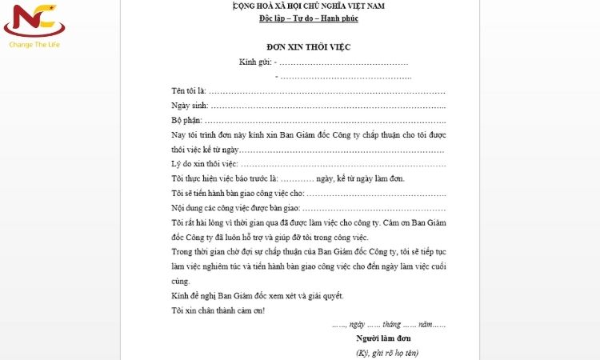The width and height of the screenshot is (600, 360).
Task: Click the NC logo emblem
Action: coord(34,22)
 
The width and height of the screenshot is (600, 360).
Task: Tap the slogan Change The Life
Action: coord(34,45)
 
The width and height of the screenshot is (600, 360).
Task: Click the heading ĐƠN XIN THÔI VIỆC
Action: coord(308,46)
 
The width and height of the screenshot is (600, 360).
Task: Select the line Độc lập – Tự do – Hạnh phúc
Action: coord(308,18)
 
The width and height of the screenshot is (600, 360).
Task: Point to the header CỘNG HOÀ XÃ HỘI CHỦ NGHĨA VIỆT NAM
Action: coord(308,6)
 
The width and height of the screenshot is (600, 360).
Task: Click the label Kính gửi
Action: coord(254,62)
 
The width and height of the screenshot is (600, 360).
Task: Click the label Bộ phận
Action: coord(188,120)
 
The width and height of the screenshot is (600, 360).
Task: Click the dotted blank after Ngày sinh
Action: coord(328,105)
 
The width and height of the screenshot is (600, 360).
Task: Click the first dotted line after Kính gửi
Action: coord(344,62)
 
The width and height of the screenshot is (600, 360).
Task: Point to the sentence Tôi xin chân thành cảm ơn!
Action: coord(218,310)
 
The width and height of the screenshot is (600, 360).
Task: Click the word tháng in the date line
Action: coord(390,324)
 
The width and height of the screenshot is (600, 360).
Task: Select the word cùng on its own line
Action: coord(180,282)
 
